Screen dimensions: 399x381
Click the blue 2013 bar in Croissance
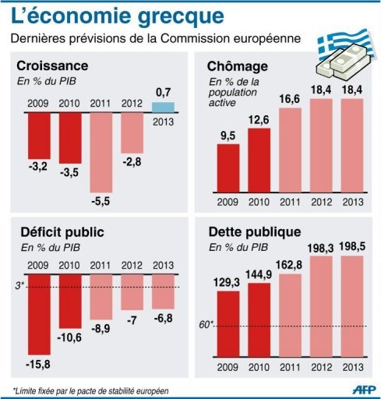click(x=162, y=107)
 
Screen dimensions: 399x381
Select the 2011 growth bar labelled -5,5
click(x=104, y=152)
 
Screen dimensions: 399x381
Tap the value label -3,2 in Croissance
click(x=39, y=166)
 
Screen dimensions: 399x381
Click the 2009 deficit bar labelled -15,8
click(x=39, y=320)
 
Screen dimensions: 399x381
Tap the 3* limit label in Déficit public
click(x=19, y=286)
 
